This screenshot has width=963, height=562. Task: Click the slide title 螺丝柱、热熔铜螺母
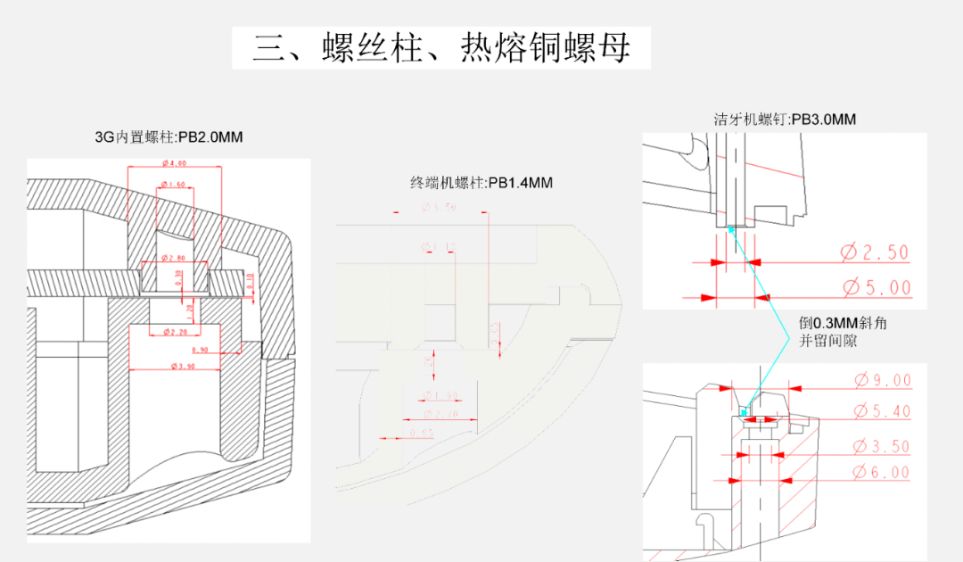(441, 47)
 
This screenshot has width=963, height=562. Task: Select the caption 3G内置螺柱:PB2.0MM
(169, 137)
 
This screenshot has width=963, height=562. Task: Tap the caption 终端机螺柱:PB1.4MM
(481, 183)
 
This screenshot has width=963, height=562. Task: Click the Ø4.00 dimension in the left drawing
(175, 164)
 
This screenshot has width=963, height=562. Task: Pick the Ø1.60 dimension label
(174, 185)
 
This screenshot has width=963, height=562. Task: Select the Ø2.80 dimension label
(174, 259)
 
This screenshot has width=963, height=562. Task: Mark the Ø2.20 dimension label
(175, 332)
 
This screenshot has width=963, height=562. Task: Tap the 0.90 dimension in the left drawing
(200, 350)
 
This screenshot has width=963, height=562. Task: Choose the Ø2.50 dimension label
(874, 252)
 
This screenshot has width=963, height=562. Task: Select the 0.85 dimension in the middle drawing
(423, 434)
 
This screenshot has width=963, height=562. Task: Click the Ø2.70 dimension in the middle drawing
(438, 415)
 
